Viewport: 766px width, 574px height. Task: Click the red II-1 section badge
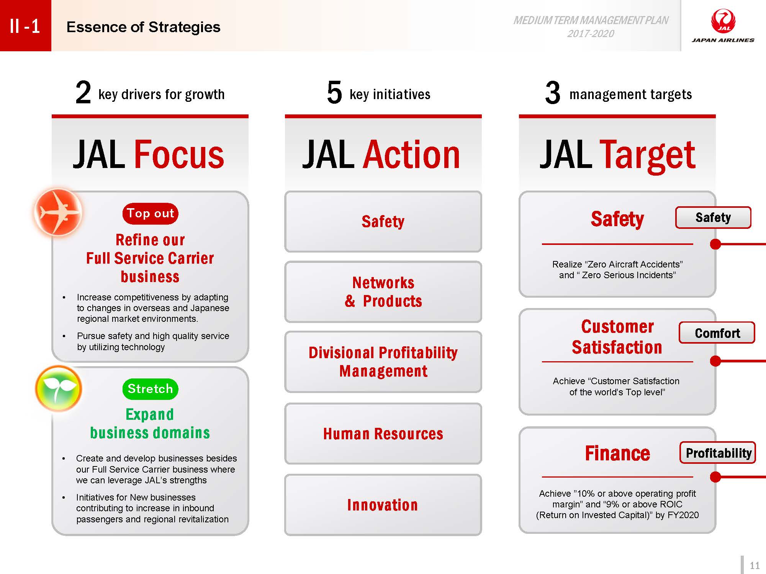(x=25, y=26)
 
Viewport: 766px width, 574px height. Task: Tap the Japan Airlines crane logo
(x=723, y=22)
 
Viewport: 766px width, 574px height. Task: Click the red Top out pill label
(x=150, y=214)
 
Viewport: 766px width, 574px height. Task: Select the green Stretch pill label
(x=150, y=389)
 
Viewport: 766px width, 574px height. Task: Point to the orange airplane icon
(x=58, y=212)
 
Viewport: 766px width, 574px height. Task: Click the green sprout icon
(x=58, y=388)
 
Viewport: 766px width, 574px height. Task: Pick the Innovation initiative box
(x=383, y=505)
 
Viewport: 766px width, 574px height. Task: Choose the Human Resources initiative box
(x=383, y=434)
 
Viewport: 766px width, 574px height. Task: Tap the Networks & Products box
(x=383, y=292)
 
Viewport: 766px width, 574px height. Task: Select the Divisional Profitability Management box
(x=383, y=362)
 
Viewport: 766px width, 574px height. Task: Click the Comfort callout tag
(x=717, y=333)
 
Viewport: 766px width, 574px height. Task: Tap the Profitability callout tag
(x=718, y=453)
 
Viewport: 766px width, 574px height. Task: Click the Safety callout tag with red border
(x=713, y=217)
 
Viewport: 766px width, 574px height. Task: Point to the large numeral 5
(x=334, y=93)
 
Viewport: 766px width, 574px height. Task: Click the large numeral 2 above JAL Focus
(x=83, y=93)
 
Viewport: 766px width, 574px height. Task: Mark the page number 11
(x=755, y=566)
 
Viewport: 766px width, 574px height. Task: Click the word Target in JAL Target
(x=647, y=156)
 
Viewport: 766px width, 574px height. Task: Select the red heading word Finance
(x=617, y=453)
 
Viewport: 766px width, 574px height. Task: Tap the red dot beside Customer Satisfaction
(x=715, y=361)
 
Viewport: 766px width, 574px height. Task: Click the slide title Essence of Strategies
(x=143, y=27)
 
